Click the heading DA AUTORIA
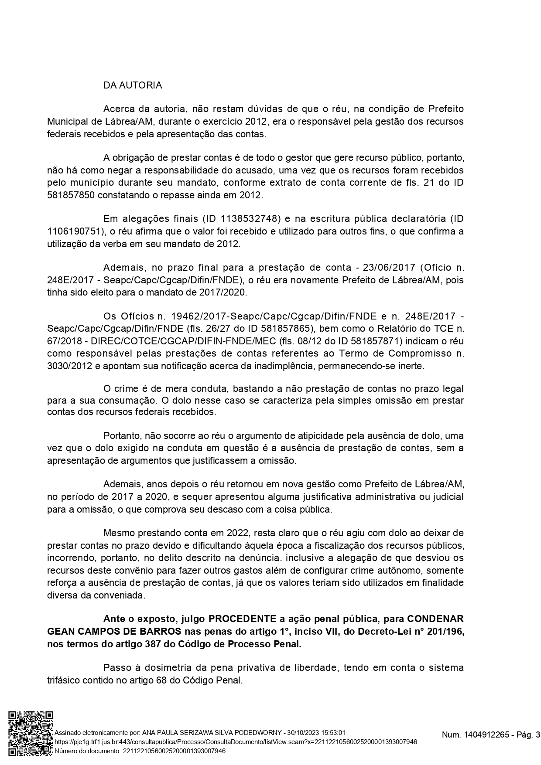tap(133, 85)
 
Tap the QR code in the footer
tap(31, 736)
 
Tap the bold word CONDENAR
tap(435, 619)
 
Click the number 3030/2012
tap(69, 366)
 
